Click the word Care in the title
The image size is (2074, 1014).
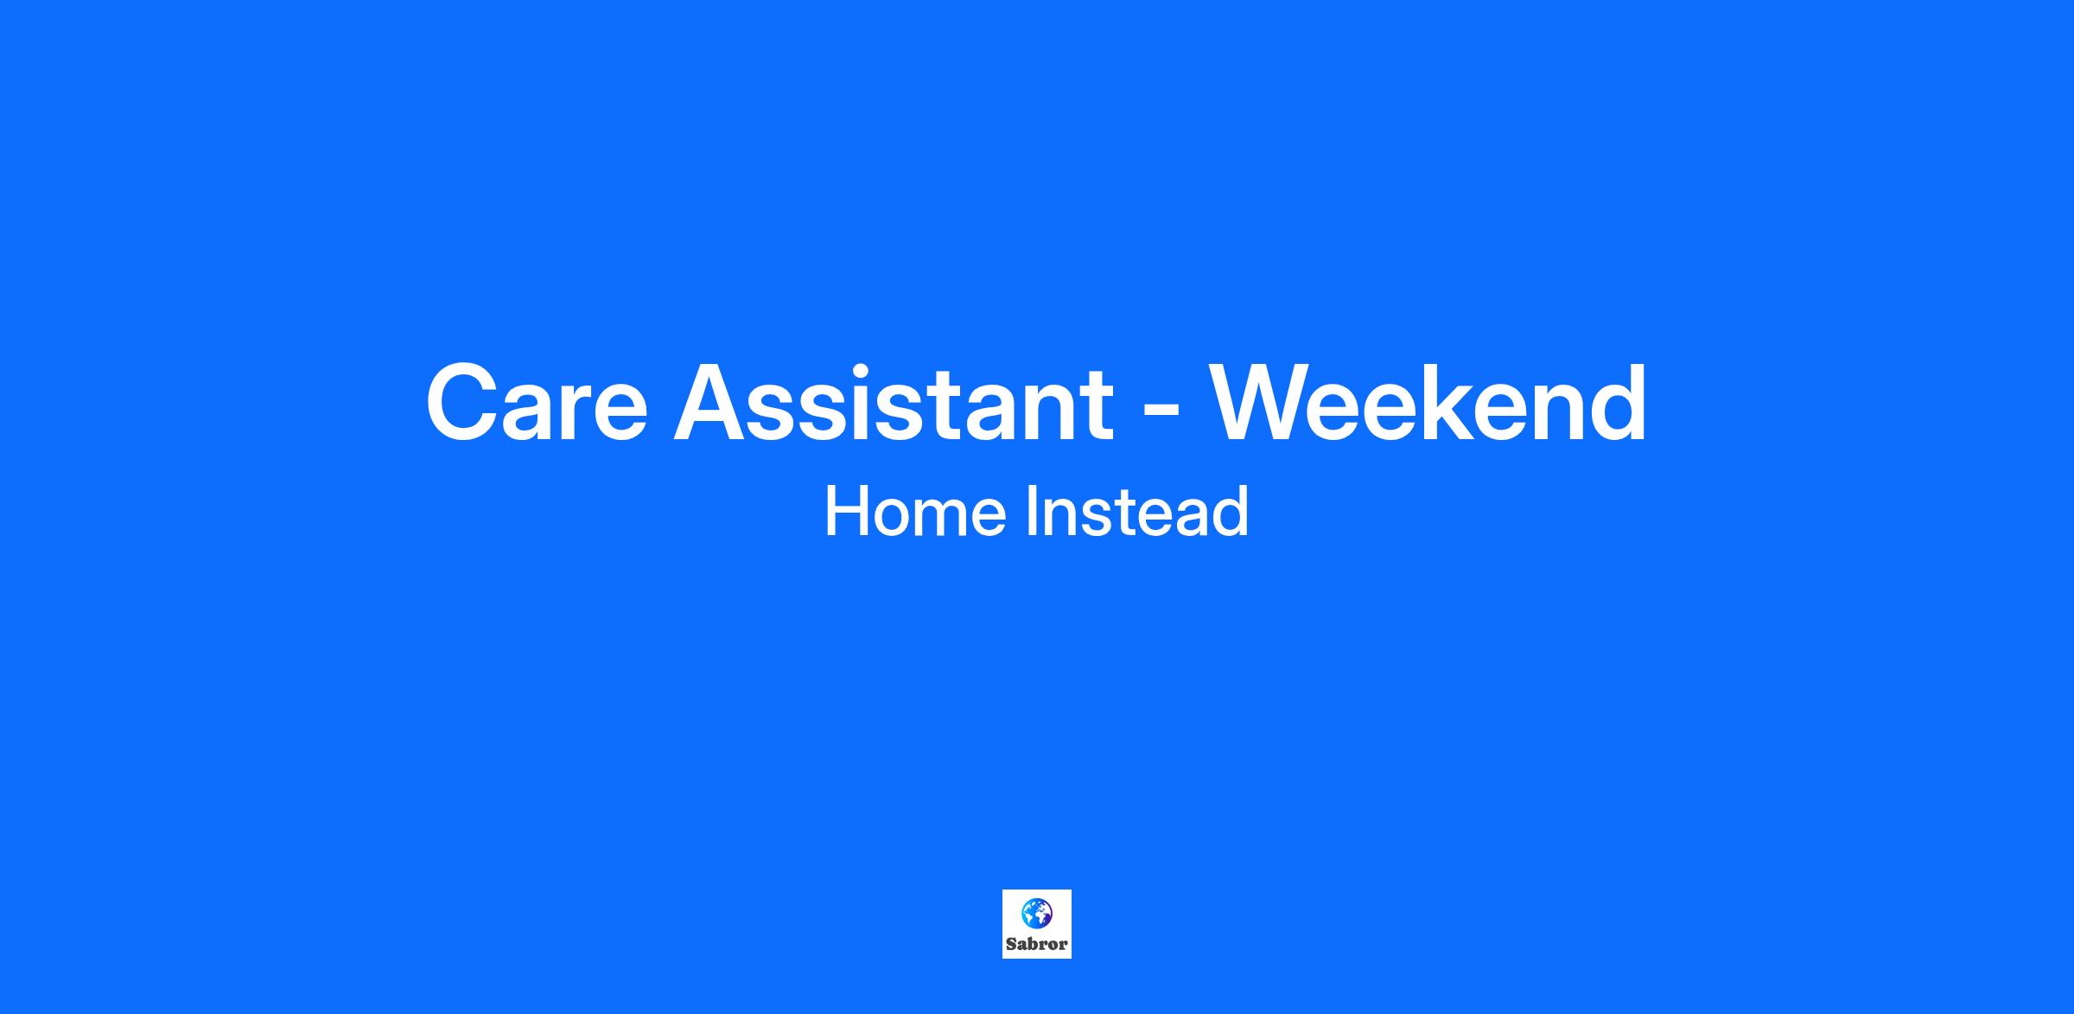point(537,403)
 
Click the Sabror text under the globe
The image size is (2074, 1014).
point(1037,944)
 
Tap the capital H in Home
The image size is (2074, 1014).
point(847,512)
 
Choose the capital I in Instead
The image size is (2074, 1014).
point(1032,512)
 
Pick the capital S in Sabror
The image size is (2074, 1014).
point(1012,944)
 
